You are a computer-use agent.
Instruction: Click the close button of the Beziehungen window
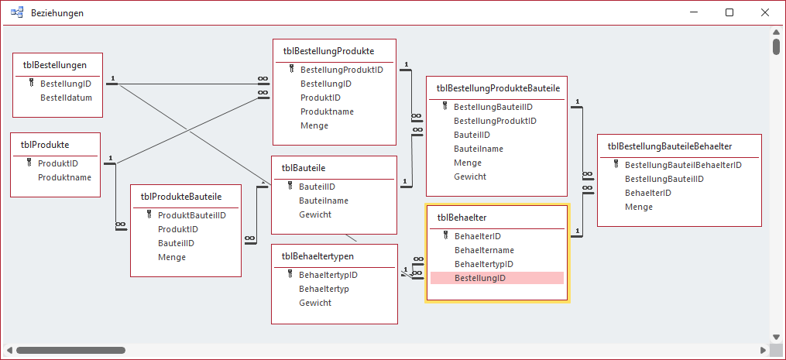765,13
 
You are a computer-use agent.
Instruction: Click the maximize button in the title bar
729,13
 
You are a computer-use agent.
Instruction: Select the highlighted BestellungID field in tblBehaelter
480,278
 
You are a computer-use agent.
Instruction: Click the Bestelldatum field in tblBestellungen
66,98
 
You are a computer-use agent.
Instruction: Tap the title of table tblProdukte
45,144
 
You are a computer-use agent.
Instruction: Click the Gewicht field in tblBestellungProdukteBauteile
470,177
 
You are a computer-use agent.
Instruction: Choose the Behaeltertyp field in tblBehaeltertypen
324,289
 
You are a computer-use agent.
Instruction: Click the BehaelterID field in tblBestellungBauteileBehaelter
647,193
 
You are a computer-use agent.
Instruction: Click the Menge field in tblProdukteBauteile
172,257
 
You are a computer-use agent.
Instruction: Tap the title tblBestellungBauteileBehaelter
670,146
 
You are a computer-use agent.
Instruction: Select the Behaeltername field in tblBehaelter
484,250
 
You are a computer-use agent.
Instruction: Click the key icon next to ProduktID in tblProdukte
29,163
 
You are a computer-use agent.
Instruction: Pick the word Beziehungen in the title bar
57,13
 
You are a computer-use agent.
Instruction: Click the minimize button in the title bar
693,13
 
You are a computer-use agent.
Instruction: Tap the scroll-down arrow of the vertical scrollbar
776,336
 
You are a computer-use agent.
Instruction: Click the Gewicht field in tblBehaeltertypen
315,303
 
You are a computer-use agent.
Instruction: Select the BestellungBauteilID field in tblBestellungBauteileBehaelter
664,179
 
